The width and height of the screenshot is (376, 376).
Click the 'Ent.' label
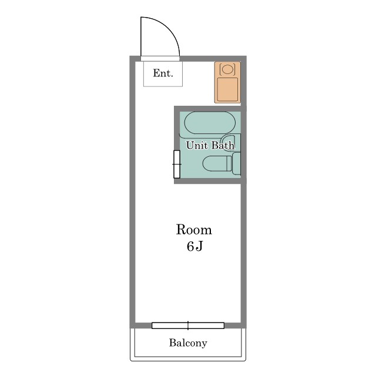[163, 73]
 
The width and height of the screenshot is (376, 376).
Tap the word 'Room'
[194, 230]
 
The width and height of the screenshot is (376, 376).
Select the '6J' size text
[195, 246]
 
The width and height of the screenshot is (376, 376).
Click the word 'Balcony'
[188, 343]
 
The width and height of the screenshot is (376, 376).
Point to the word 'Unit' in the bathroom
[196, 145]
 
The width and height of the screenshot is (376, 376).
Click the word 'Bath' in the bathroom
[223, 145]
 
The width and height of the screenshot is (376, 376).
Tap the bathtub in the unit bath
[210, 123]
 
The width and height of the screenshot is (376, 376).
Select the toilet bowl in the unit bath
[214, 163]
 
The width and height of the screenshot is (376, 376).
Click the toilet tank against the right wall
[236, 163]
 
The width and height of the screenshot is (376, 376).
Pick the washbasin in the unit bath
[230, 142]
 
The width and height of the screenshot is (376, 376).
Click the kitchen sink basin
[227, 69]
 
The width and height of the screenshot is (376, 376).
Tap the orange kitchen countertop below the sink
[227, 89]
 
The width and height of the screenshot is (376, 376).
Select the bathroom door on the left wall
[177, 164]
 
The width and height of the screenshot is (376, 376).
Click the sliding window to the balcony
[188, 325]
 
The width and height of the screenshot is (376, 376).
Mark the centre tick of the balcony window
[188, 325]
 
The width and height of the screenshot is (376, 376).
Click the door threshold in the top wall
[160, 59]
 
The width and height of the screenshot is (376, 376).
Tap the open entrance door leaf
[141, 36]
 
